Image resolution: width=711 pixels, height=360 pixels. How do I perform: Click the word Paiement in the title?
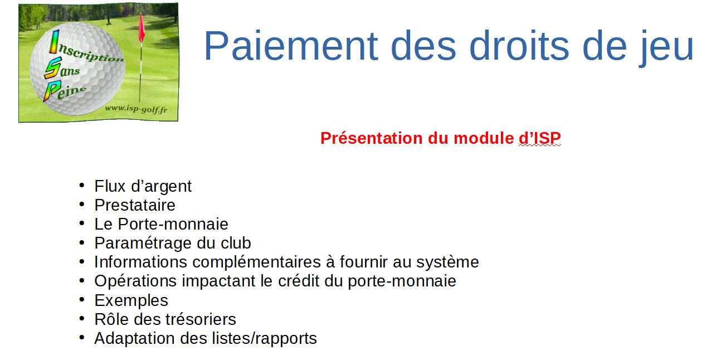tap(291, 46)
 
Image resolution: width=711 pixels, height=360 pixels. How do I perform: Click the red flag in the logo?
tap(142, 28)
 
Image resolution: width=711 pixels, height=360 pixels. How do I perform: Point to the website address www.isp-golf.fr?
tap(136, 109)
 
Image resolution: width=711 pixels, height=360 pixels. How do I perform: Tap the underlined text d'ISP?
tap(540, 138)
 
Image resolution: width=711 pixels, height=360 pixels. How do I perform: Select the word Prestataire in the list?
tap(135, 205)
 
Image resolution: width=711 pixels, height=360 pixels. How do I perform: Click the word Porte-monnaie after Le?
tap(173, 224)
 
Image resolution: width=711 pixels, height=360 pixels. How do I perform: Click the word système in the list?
tap(447, 263)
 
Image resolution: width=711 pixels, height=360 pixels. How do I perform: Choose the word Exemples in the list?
tap(131, 301)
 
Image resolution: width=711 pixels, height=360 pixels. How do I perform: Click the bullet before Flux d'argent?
tap(82, 185)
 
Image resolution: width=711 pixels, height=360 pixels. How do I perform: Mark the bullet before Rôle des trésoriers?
tap(82, 318)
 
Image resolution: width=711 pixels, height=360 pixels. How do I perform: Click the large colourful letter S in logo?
tap(53, 67)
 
